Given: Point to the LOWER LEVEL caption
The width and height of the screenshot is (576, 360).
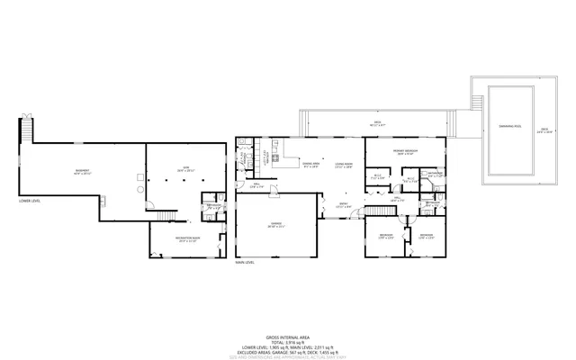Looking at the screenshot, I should (31, 202).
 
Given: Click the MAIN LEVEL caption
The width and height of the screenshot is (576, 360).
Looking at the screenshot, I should (246, 263).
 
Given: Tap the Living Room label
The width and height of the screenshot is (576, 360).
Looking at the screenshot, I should (343, 165).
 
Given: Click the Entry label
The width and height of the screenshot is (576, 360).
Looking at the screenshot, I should (343, 205).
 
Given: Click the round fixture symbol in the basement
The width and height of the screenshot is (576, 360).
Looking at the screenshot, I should (139, 190).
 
